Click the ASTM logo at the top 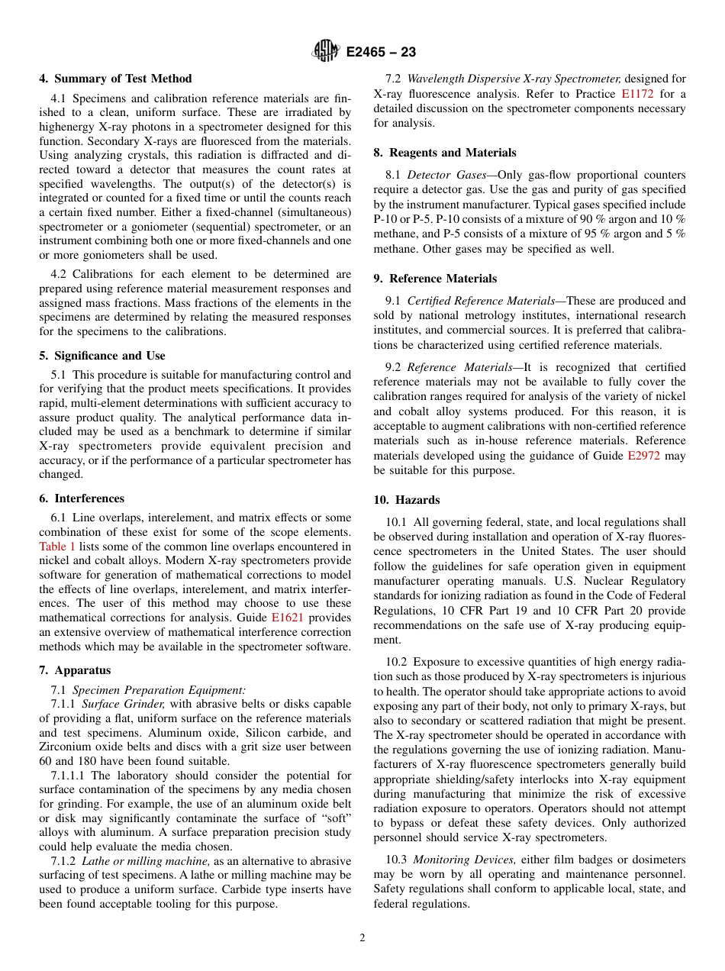326,52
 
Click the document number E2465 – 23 380,53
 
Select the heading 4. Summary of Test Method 115,79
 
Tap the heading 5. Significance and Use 101,356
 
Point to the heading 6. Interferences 82,498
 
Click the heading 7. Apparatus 75,670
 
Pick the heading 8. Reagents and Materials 445,153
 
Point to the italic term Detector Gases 446,175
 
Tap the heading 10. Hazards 407,500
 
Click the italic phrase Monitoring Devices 464,860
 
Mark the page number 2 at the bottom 362,938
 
